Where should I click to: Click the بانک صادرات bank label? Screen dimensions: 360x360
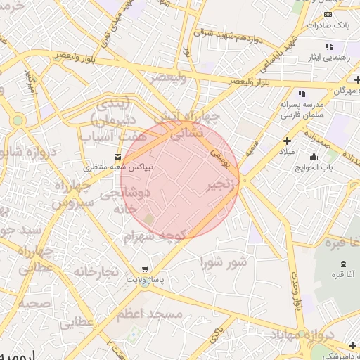coord(333,25)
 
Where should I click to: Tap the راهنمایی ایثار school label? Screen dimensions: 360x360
coord(329,56)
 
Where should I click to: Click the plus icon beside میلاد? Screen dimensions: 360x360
coord(287,141)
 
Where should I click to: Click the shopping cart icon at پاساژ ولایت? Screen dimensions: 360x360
coord(145,269)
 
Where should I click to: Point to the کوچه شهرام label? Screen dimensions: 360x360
coord(154,237)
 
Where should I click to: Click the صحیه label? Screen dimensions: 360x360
coord(34,304)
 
